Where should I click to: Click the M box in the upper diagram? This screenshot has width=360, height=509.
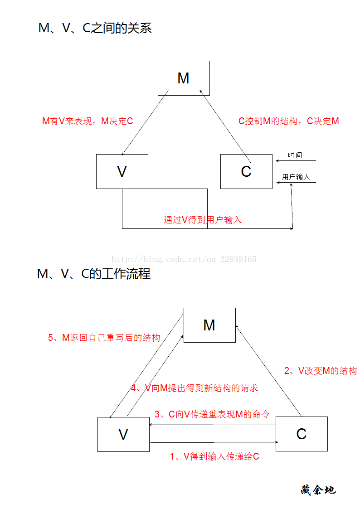(184, 78)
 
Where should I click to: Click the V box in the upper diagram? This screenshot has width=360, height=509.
(122, 171)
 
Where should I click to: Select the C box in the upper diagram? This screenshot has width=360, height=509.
(246, 171)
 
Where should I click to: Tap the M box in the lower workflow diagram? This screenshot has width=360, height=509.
(210, 325)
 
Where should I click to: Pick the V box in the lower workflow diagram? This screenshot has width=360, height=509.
(123, 434)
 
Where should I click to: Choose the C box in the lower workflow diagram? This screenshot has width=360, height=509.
(302, 434)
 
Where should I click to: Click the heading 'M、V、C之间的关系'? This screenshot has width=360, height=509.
(95, 28)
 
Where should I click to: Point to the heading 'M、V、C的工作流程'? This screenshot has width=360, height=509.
(94, 274)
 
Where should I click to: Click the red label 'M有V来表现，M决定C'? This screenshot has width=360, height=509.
(88, 121)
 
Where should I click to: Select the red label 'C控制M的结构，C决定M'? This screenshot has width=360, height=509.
(288, 121)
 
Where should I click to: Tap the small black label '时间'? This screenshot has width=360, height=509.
(295, 155)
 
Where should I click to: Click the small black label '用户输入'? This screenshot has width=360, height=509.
(296, 177)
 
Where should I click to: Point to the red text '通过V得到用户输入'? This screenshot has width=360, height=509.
(203, 220)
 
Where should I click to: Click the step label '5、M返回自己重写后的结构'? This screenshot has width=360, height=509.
(104, 338)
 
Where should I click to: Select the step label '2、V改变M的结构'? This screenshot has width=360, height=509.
(321, 371)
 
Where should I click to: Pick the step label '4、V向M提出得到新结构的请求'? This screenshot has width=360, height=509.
(195, 388)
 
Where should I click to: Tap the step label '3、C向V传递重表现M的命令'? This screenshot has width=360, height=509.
(212, 414)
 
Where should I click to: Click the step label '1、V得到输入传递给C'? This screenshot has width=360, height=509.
(214, 456)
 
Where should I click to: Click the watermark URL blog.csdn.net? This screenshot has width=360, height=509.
(184, 259)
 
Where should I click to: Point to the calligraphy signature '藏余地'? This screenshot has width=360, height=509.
(318, 490)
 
